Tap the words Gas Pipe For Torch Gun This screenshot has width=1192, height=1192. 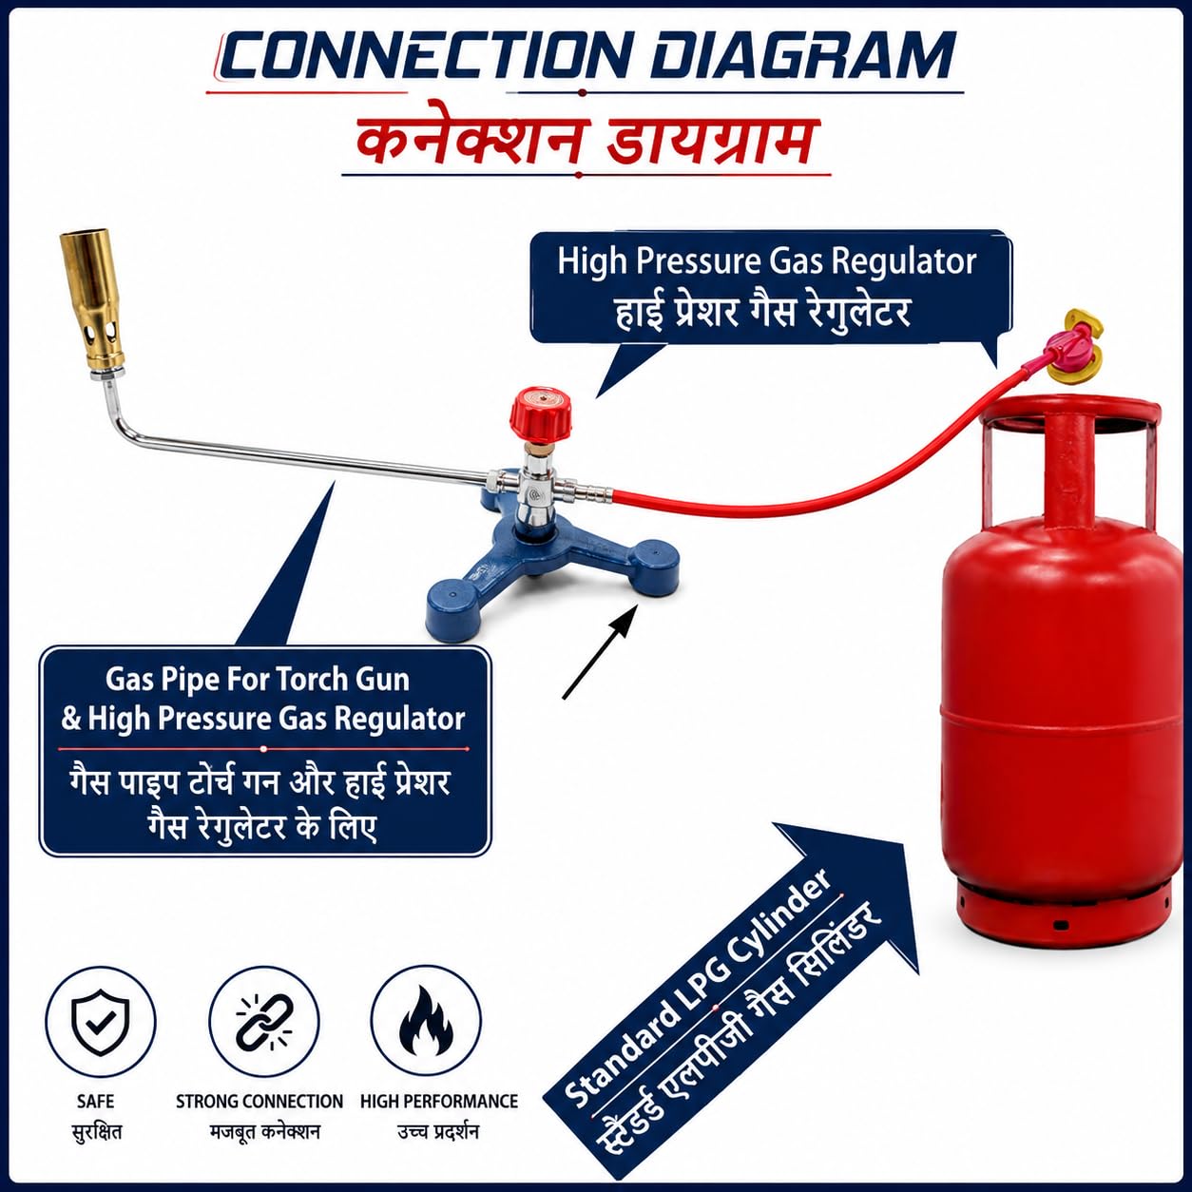[258, 680]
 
